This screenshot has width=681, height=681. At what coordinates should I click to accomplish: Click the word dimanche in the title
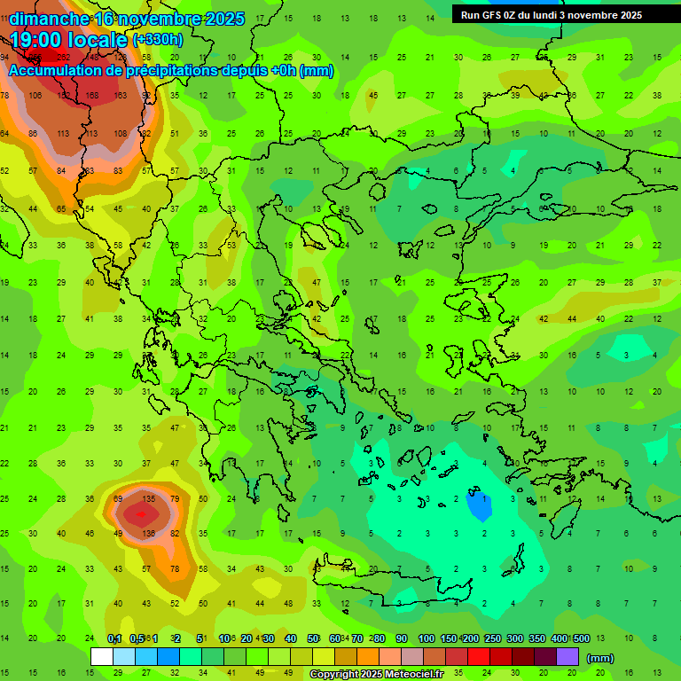(48, 19)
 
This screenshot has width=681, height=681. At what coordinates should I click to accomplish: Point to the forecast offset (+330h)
(158, 40)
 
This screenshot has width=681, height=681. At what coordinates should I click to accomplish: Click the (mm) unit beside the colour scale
(600, 658)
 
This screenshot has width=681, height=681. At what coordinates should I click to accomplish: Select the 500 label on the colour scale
(582, 638)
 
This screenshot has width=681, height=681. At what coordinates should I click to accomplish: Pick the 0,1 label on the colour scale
(114, 638)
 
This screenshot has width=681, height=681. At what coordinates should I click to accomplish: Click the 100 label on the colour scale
(427, 638)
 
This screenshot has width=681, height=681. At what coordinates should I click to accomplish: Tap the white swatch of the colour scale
(102, 657)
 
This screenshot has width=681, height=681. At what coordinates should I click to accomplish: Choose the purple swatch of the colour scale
(567, 657)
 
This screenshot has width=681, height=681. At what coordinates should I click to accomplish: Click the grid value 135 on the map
(148, 499)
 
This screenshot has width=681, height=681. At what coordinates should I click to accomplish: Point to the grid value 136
(148, 534)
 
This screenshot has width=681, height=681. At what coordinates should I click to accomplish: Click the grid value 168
(92, 96)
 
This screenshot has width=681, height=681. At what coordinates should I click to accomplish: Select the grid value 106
(35, 96)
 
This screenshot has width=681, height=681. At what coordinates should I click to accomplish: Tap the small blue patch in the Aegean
(479, 505)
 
